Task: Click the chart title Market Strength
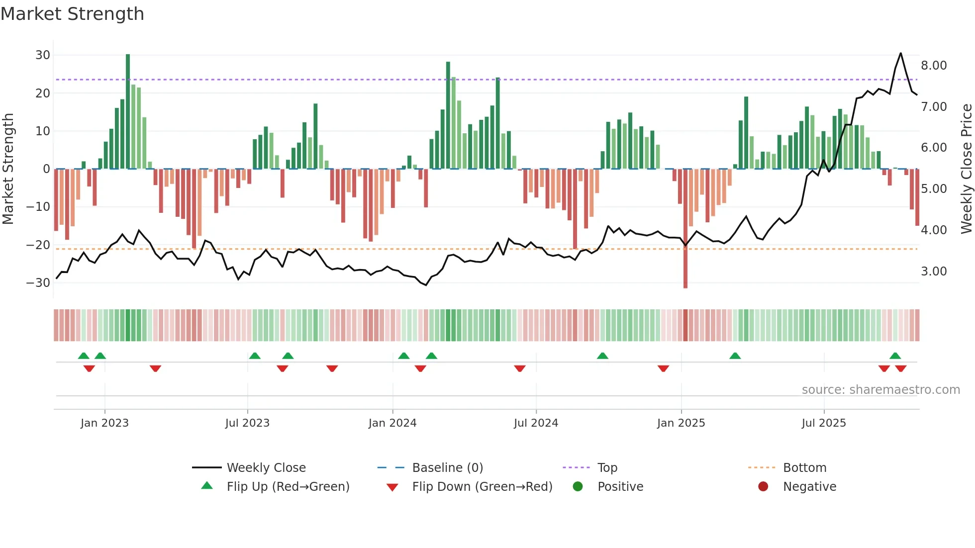[72, 14]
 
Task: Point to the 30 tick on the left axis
[43, 55]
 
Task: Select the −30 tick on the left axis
[38, 283]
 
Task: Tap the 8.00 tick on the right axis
[934, 66]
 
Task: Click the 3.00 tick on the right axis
[934, 272]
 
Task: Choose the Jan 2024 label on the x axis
[392, 423]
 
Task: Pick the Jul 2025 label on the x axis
[824, 423]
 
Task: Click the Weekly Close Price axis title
[966, 169]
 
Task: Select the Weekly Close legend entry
[266, 468]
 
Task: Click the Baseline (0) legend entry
[447, 468]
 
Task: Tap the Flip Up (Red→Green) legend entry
[288, 487]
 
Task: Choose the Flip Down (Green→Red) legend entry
[482, 487]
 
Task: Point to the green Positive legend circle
[578, 486]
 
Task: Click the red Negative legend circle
[763, 486]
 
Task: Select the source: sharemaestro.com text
[880, 390]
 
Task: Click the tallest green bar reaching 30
[128, 109]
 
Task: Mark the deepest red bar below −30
[685, 229]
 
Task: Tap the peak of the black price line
[900, 53]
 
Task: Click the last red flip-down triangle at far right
[900, 368]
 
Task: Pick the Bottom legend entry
[804, 468]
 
